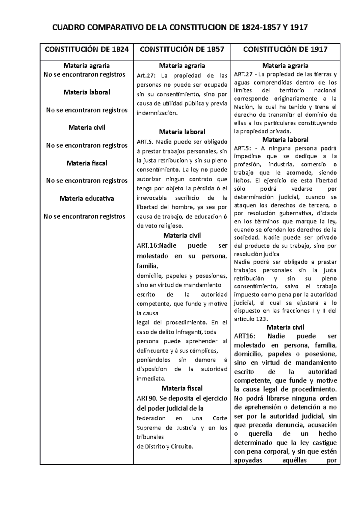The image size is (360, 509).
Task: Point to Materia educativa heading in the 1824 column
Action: coord(87,198)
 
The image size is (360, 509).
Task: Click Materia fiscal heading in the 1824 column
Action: coord(87,163)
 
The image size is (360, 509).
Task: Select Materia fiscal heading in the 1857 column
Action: coord(182,388)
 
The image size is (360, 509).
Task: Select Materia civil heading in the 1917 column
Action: coord(285,327)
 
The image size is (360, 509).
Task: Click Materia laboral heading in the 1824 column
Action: coord(87,92)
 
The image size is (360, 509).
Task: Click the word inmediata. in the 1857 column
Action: coord(151,378)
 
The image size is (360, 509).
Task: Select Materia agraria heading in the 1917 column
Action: coord(285,66)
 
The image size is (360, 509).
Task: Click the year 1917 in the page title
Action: coord(297,28)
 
